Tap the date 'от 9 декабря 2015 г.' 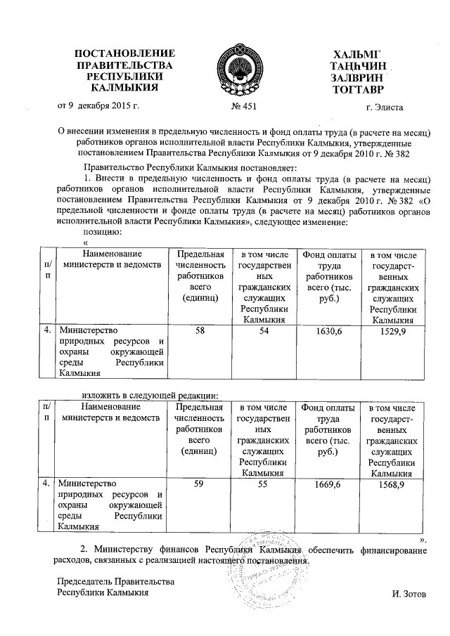(x=98, y=106)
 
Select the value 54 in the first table (x=264, y=330)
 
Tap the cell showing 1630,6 (x=329, y=330)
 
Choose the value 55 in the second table (x=264, y=484)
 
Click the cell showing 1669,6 (x=329, y=484)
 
